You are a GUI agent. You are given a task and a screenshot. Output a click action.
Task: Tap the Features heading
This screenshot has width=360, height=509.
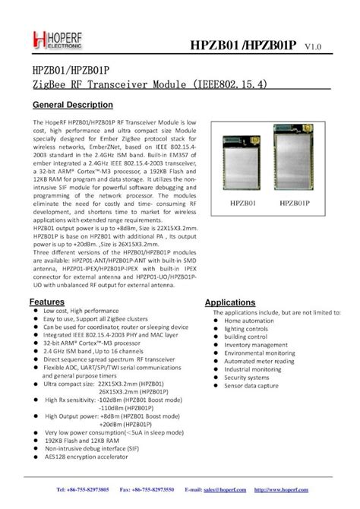click(x=46, y=302)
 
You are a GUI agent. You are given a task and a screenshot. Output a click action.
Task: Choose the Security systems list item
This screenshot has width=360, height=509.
click(x=247, y=377)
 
